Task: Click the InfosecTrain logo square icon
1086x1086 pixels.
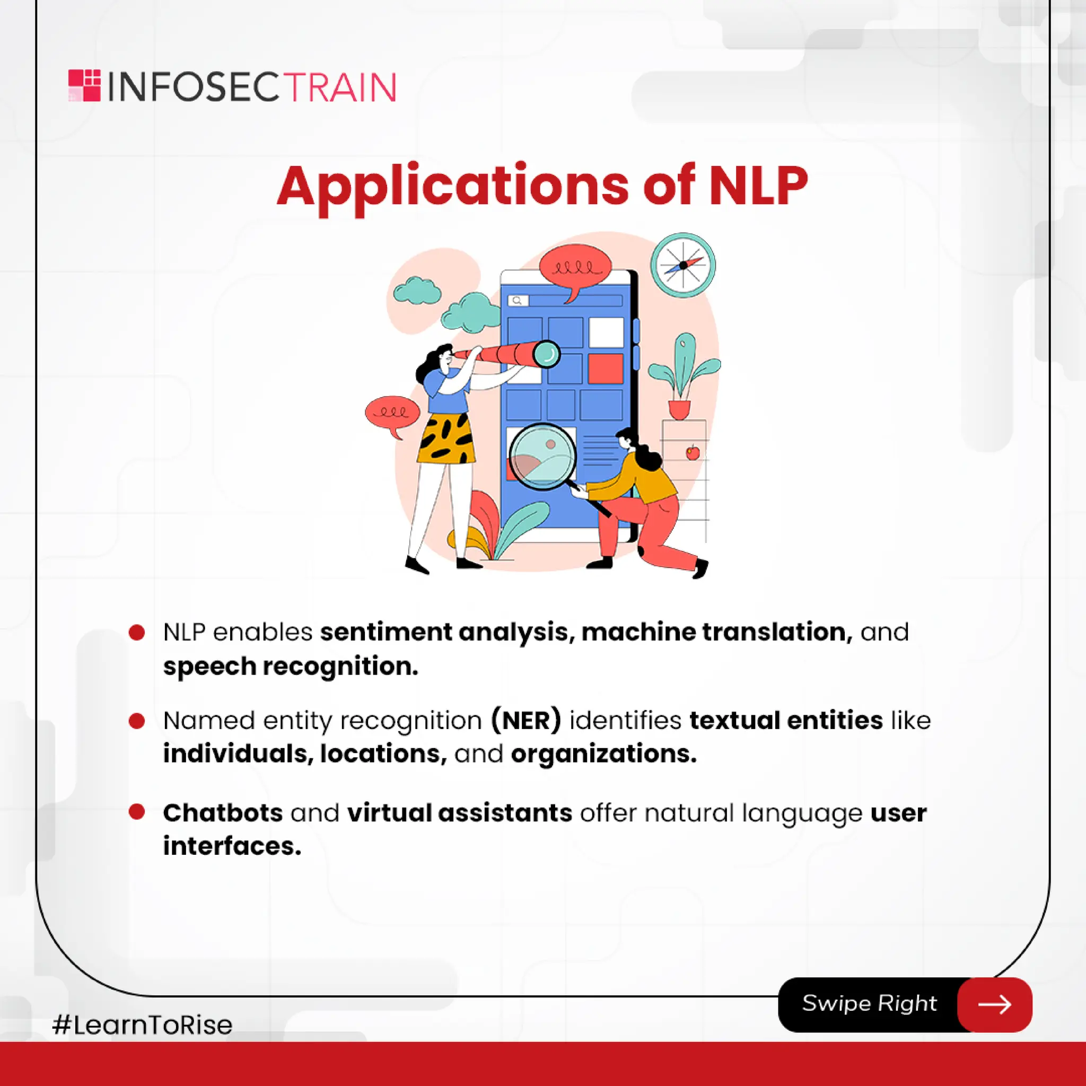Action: point(84,85)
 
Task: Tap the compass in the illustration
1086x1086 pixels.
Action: point(682,265)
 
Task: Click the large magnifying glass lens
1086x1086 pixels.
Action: point(542,456)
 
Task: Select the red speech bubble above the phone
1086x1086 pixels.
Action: point(574,269)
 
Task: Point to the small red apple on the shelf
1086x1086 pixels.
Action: point(693,452)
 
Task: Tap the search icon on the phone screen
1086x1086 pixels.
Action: point(517,301)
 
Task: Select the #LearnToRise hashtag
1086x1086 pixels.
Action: point(142,1024)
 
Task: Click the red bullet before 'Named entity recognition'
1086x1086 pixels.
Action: point(137,721)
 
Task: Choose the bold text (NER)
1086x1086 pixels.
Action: point(526,721)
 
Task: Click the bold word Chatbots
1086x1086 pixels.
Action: point(223,813)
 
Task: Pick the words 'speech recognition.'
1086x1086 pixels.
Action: point(290,666)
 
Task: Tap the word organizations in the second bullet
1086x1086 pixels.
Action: point(603,754)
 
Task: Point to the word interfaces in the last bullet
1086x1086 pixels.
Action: point(232,846)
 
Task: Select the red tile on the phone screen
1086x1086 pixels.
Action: point(606,368)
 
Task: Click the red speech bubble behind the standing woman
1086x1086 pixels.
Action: point(392,413)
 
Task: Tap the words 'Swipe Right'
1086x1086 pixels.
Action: point(869,1003)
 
